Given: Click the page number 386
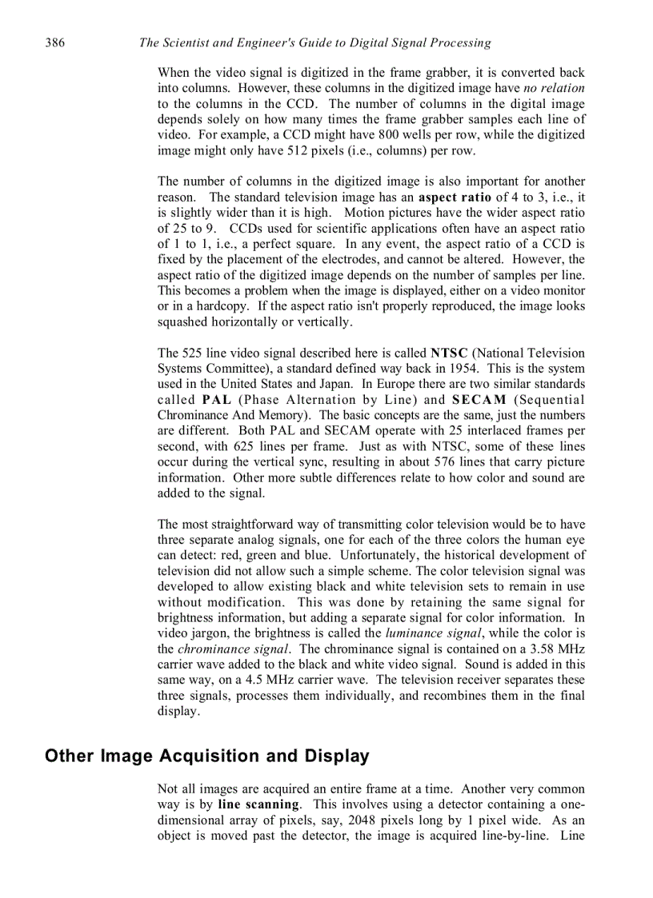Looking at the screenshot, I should click(x=55, y=42).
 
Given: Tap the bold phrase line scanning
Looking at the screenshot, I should click(x=258, y=804).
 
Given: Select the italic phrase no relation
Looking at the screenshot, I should click(x=554, y=88).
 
